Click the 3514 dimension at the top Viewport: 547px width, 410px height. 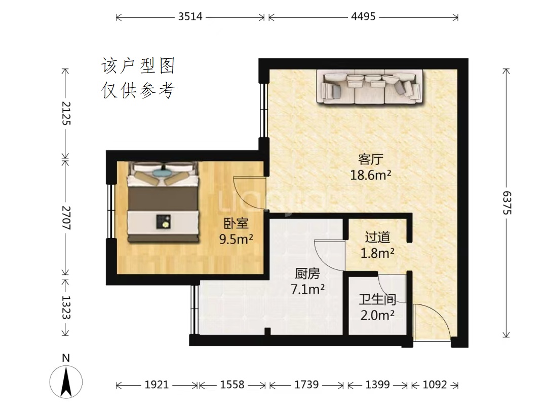pyautogui.click(x=190, y=16)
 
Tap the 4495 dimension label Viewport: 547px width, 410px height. pyautogui.click(x=363, y=16)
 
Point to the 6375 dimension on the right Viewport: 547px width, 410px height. pyautogui.click(x=506, y=202)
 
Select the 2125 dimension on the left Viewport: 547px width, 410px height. pyautogui.click(x=66, y=113)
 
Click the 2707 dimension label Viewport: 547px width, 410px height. pyautogui.click(x=66, y=218)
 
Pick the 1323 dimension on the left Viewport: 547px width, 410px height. pyautogui.click(x=66, y=307)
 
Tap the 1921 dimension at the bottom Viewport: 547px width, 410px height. pyautogui.click(x=157, y=385)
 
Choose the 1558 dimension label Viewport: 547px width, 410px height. pyautogui.click(x=232, y=385)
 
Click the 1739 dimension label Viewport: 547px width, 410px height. pyautogui.click(x=306, y=385)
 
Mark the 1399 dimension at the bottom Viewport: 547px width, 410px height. pyautogui.click(x=377, y=385)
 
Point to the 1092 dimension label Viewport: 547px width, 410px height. pyautogui.click(x=435, y=385)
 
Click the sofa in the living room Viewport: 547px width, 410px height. pyautogui.click(x=370, y=87)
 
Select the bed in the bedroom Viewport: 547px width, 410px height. pyautogui.click(x=163, y=201)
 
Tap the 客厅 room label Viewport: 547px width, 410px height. pyautogui.click(x=370, y=159)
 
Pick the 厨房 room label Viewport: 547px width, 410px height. pyautogui.click(x=307, y=274)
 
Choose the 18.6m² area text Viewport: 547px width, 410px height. pyautogui.click(x=370, y=175)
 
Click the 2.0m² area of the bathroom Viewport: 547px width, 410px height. pyautogui.click(x=377, y=316)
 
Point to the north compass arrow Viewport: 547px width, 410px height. pyautogui.click(x=66, y=382)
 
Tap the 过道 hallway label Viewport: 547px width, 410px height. pyautogui.click(x=377, y=237)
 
